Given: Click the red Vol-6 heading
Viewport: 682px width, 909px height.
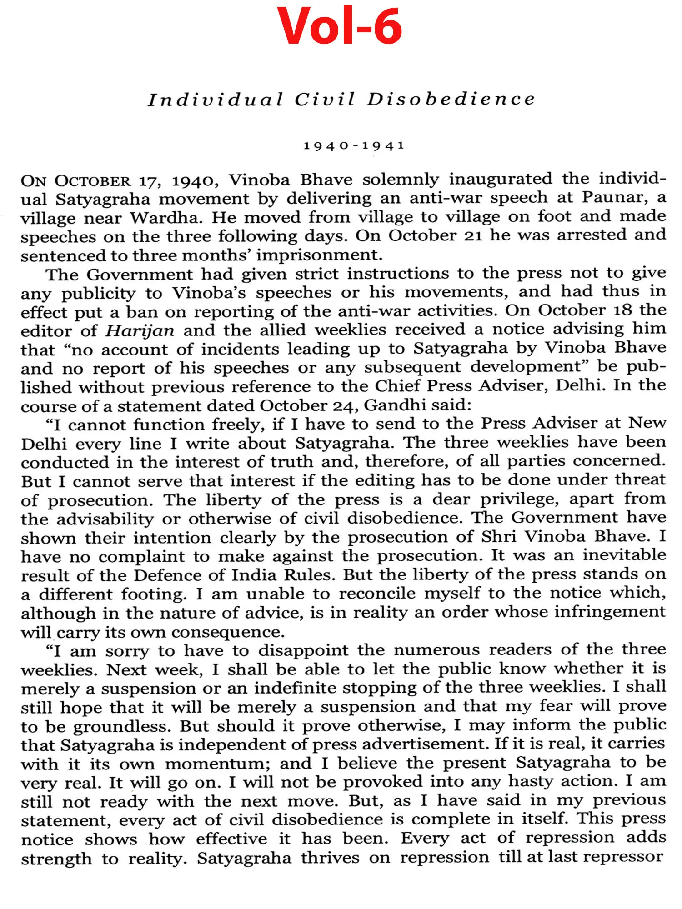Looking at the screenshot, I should pyautogui.click(x=340, y=26).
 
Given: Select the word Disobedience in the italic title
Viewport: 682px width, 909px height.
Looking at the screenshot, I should pyautogui.click(x=451, y=100).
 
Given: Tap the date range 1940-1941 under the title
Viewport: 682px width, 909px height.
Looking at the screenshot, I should pyautogui.click(x=354, y=146).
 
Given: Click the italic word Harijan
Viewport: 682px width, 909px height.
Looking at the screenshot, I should pyautogui.click(x=140, y=330).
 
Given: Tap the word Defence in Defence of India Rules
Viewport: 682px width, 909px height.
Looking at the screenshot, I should pyautogui.click(x=167, y=575).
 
